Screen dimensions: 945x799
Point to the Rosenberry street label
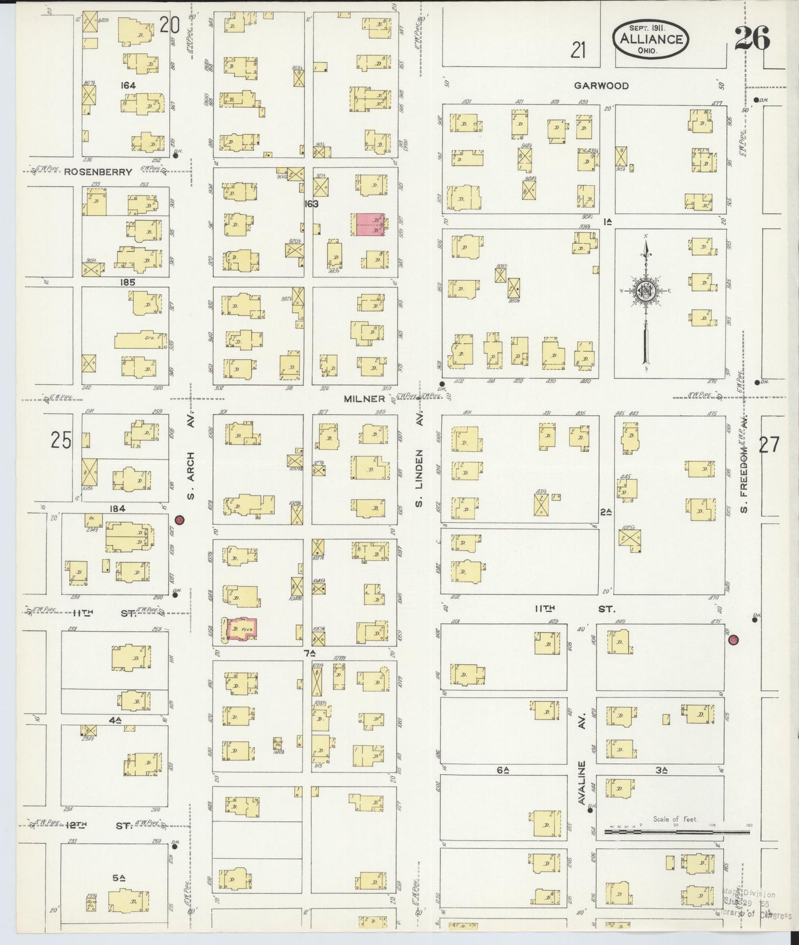98,172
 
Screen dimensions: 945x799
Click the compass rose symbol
645,291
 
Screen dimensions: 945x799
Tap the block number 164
129,85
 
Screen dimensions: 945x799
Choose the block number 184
117,508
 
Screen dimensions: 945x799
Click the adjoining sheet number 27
769,445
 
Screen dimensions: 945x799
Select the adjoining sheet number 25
61,440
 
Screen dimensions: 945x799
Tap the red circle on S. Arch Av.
179,520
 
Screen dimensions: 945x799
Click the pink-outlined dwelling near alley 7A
242,629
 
